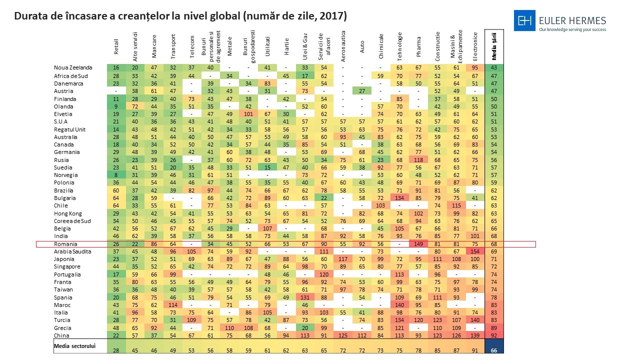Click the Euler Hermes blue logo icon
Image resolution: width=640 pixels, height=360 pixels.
(x=524, y=20)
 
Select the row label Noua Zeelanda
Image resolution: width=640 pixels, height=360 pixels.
(x=73, y=67)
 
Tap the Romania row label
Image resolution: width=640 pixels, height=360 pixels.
(x=66, y=244)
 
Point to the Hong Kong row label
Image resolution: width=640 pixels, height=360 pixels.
(x=67, y=213)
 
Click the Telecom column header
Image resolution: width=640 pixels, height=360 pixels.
(x=192, y=44)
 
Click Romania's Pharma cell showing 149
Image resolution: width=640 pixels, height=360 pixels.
(x=418, y=244)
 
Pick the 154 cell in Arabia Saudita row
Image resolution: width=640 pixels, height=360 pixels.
(x=475, y=251)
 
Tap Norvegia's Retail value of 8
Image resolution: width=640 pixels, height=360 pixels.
(x=116, y=175)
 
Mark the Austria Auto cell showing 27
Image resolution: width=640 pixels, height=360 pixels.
(x=361, y=91)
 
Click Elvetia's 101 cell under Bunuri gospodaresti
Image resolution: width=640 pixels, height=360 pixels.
(x=248, y=113)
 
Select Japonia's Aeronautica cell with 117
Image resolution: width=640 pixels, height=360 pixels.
(x=343, y=259)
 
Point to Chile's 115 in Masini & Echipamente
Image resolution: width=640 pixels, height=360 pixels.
(x=456, y=205)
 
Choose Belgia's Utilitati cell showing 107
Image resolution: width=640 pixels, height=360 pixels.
(x=267, y=228)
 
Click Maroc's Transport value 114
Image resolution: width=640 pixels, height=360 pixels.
(x=173, y=305)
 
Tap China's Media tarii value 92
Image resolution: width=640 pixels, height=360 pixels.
(x=494, y=335)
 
